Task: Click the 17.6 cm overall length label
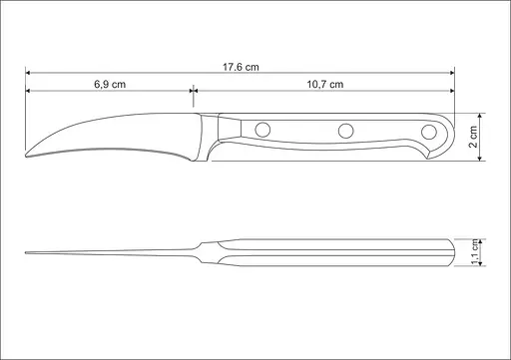(241, 66)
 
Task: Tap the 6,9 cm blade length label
(109, 84)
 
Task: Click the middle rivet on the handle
(346, 129)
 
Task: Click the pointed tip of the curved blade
(26, 155)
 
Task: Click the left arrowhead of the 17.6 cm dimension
(29, 73)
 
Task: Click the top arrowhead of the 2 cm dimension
(466, 113)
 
